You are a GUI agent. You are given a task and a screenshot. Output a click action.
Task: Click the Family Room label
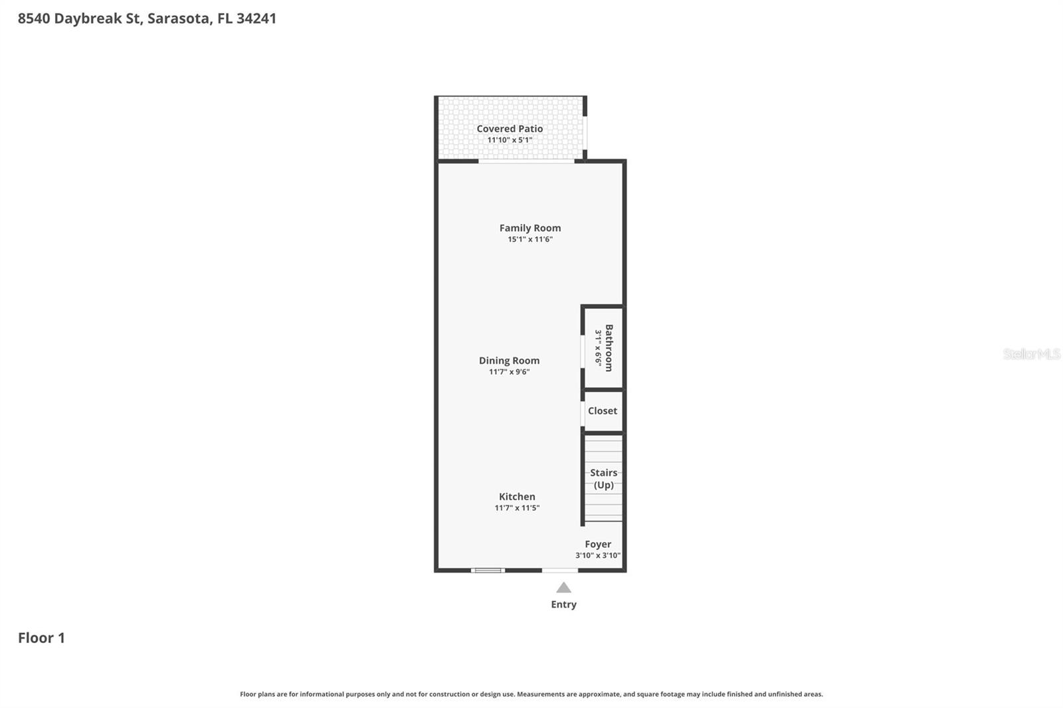[530, 228]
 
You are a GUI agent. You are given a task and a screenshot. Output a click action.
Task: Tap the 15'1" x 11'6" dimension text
[530, 239]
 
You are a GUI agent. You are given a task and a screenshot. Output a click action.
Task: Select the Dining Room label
[509, 361]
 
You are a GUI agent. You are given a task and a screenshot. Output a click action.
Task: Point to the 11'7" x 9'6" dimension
[509, 372]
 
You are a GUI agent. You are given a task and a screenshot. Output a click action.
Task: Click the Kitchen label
[517, 497]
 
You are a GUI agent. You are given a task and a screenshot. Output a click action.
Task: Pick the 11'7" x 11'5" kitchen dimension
[517, 508]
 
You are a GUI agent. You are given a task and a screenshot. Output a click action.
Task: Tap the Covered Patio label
[510, 129]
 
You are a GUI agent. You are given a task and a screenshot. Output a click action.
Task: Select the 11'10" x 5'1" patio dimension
[510, 140]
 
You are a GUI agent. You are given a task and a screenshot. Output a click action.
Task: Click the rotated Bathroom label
[609, 348]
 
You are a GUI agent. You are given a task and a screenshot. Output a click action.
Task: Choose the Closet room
[603, 411]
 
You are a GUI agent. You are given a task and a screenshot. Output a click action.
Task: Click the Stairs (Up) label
[603, 479]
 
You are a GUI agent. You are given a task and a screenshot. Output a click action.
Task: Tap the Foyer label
[598, 544]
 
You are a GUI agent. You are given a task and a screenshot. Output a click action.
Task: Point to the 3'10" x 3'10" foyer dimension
[598, 555]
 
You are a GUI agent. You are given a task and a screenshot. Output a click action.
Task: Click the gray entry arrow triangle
[563, 588]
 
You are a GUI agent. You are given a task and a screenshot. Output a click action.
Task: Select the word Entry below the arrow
[563, 604]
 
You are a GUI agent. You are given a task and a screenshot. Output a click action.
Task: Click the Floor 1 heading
[41, 638]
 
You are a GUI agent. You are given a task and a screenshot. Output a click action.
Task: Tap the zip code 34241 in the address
[256, 19]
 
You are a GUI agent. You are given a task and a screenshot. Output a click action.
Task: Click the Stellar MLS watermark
[1031, 354]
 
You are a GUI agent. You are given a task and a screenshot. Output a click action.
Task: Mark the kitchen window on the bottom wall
[488, 570]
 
